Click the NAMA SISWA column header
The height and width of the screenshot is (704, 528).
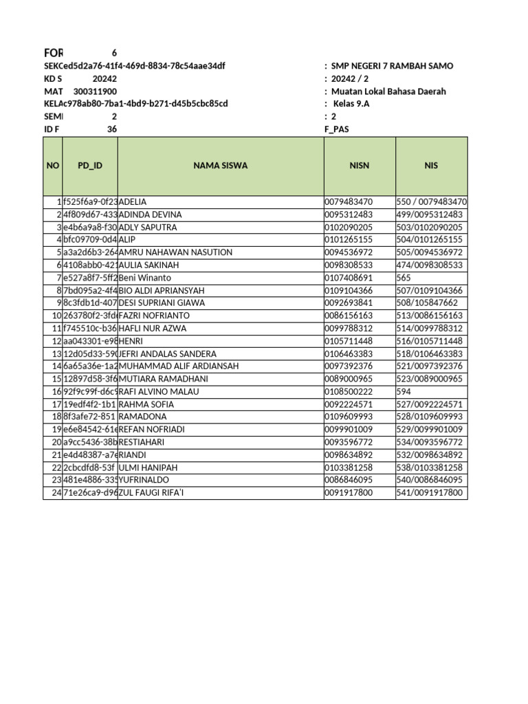(220, 166)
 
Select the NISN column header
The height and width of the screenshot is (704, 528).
(359, 166)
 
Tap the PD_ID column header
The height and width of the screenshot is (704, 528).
(89, 166)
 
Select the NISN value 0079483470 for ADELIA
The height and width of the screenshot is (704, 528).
(349, 202)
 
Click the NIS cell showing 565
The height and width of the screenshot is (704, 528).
(404, 278)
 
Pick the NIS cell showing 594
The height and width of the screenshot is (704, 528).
(404, 392)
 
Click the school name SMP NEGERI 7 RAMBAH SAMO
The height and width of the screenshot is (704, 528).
(392, 66)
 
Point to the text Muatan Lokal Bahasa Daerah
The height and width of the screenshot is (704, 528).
(388, 91)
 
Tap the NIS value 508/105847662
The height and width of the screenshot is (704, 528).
(427, 303)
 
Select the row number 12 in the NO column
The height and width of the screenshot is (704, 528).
(56, 341)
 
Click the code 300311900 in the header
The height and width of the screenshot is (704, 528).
(94, 91)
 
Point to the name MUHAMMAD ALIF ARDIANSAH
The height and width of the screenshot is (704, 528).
(179, 366)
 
